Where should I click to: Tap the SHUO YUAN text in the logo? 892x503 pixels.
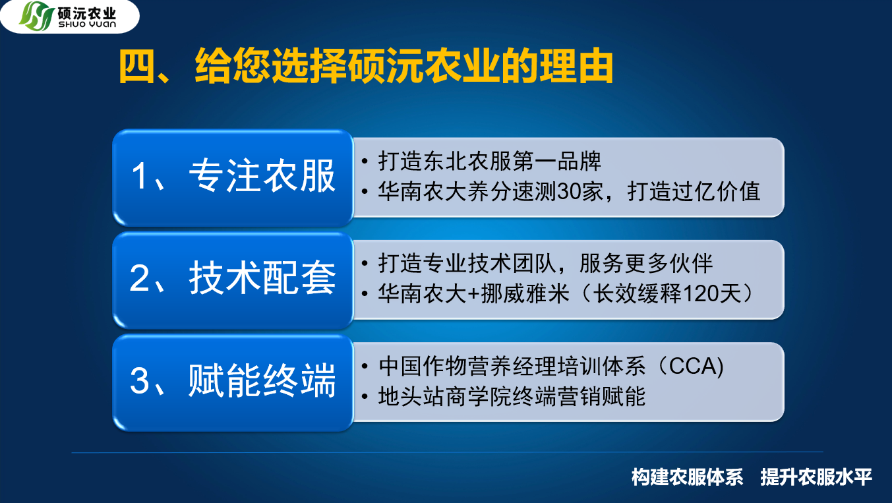tap(87, 24)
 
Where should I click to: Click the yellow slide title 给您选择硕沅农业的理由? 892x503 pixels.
tap(403, 66)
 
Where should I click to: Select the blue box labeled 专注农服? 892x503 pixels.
tap(233, 177)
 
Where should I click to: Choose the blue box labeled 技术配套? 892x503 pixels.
tap(233, 280)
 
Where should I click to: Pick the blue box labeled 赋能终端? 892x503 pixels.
tap(233, 382)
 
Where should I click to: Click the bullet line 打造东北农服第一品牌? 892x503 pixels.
tap(489, 162)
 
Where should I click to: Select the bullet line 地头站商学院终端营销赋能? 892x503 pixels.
tap(512, 397)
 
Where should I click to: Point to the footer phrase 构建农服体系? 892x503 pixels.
tap(687, 477)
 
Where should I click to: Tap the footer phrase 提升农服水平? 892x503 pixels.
tap(816, 477)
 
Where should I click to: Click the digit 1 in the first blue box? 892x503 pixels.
tap(139, 177)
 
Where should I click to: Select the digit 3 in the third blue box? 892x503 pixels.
tap(139, 381)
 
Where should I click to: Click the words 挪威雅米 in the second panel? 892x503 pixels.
tap(525, 294)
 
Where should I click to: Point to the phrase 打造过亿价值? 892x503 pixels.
tap(694, 192)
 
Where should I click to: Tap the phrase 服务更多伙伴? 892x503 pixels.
tap(645, 263)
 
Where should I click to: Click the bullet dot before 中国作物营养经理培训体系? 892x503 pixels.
tap(365, 366)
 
